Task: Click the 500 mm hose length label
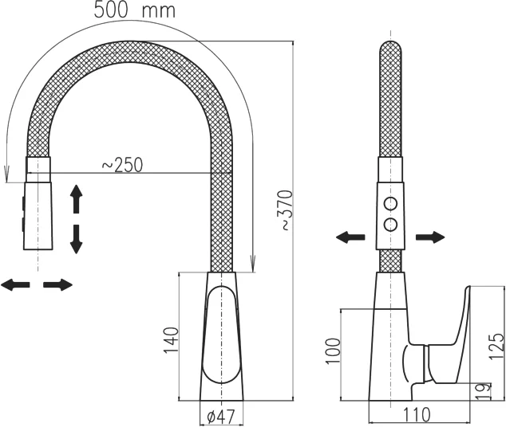pos(135,10)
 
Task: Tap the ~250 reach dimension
pos(122,165)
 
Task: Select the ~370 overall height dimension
pos(285,210)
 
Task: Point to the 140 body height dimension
pos(171,340)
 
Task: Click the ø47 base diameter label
pos(221,417)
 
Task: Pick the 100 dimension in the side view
pos(333,351)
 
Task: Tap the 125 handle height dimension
pos(496,347)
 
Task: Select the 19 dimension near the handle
pos(483,391)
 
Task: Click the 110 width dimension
pos(417,414)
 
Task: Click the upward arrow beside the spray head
pos(76,199)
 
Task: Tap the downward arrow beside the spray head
pos(76,239)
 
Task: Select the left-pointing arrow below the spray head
pos(15,284)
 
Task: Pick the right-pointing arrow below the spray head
pos(58,284)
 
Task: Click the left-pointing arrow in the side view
pos(350,237)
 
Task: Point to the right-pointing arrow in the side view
pos(430,237)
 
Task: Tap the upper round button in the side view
pos(390,203)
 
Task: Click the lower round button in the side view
pos(390,224)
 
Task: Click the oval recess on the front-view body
pos(221,335)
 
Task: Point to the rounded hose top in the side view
pos(390,49)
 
